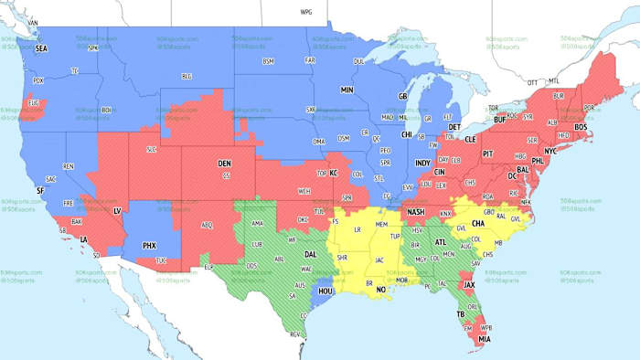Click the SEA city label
[40, 48]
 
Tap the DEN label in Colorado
[224, 164]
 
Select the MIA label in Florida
[484, 338]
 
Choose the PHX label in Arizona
[150, 246]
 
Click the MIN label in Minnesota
[347, 90]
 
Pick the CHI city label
[407, 133]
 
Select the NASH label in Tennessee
[416, 212]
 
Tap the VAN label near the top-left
[34, 21]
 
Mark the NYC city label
[550, 151]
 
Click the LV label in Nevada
[116, 211]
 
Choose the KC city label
[334, 173]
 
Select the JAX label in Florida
[469, 285]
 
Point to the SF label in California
[39, 189]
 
